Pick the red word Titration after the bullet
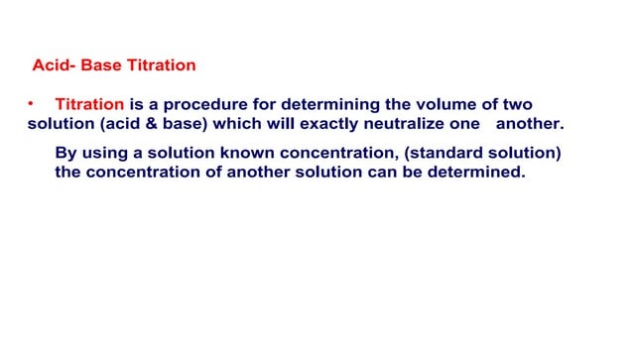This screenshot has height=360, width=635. (89, 104)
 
